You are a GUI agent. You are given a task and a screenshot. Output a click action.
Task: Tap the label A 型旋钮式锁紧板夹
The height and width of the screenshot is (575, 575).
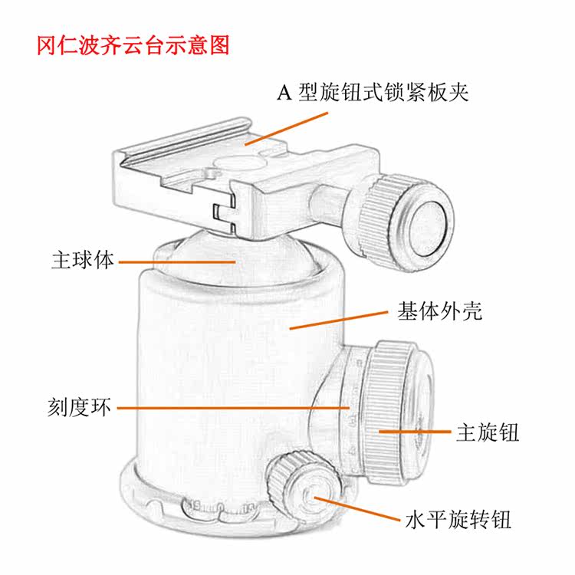pyautogui.click(x=372, y=94)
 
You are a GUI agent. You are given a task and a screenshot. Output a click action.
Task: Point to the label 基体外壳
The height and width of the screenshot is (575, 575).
pyautogui.click(x=439, y=311)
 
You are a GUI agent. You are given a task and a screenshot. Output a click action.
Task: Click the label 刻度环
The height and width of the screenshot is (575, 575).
pyautogui.click(x=79, y=406)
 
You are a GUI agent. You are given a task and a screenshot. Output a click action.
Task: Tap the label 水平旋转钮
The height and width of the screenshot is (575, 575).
pyautogui.click(x=458, y=521)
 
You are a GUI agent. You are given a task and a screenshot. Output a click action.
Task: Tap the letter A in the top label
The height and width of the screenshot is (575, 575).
pyautogui.click(x=285, y=94)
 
